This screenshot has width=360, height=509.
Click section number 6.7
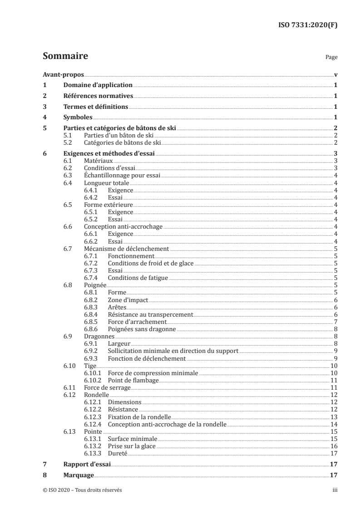point(68,249)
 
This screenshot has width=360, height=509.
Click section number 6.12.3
point(93,416)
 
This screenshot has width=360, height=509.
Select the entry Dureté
point(118,453)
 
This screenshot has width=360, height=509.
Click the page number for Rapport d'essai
point(334,464)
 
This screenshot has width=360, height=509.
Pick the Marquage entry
point(78,475)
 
